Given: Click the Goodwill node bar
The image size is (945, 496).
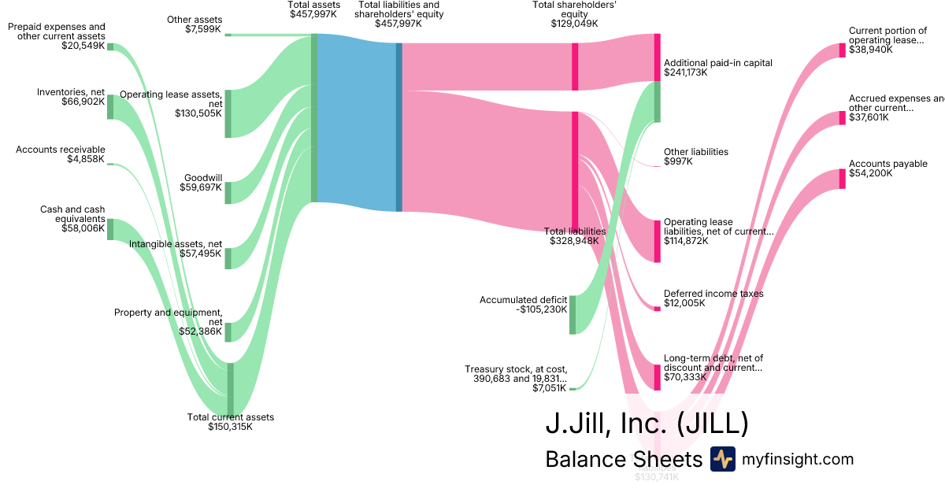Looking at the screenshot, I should (228, 193).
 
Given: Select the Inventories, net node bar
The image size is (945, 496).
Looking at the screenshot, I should (110, 107).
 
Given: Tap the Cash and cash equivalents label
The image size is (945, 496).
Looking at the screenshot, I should (72, 214).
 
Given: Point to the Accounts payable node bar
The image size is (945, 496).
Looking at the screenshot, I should (842, 179).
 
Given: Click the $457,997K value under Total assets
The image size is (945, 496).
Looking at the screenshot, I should (314, 14).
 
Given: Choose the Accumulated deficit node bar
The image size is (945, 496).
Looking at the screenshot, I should (573, 315).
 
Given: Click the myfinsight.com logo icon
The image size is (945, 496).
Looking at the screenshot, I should (722, 459).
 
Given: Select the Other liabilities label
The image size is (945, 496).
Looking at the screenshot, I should (696, 152).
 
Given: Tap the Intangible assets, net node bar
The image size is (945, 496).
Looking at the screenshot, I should (228, 258).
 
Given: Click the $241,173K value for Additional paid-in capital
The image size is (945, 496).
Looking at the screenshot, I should (686, 72).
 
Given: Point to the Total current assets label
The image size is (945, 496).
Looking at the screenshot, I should (231, 417).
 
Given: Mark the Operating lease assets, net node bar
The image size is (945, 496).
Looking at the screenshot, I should (228, 114).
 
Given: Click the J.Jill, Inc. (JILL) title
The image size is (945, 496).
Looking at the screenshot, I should (646, 424).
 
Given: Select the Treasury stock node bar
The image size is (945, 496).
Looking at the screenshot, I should (573, 388).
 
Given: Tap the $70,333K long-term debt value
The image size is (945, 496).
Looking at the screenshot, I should (686, 377).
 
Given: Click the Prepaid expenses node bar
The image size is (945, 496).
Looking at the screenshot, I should (110, 46).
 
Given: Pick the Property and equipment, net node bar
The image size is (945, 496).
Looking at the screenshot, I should (228, 331).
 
